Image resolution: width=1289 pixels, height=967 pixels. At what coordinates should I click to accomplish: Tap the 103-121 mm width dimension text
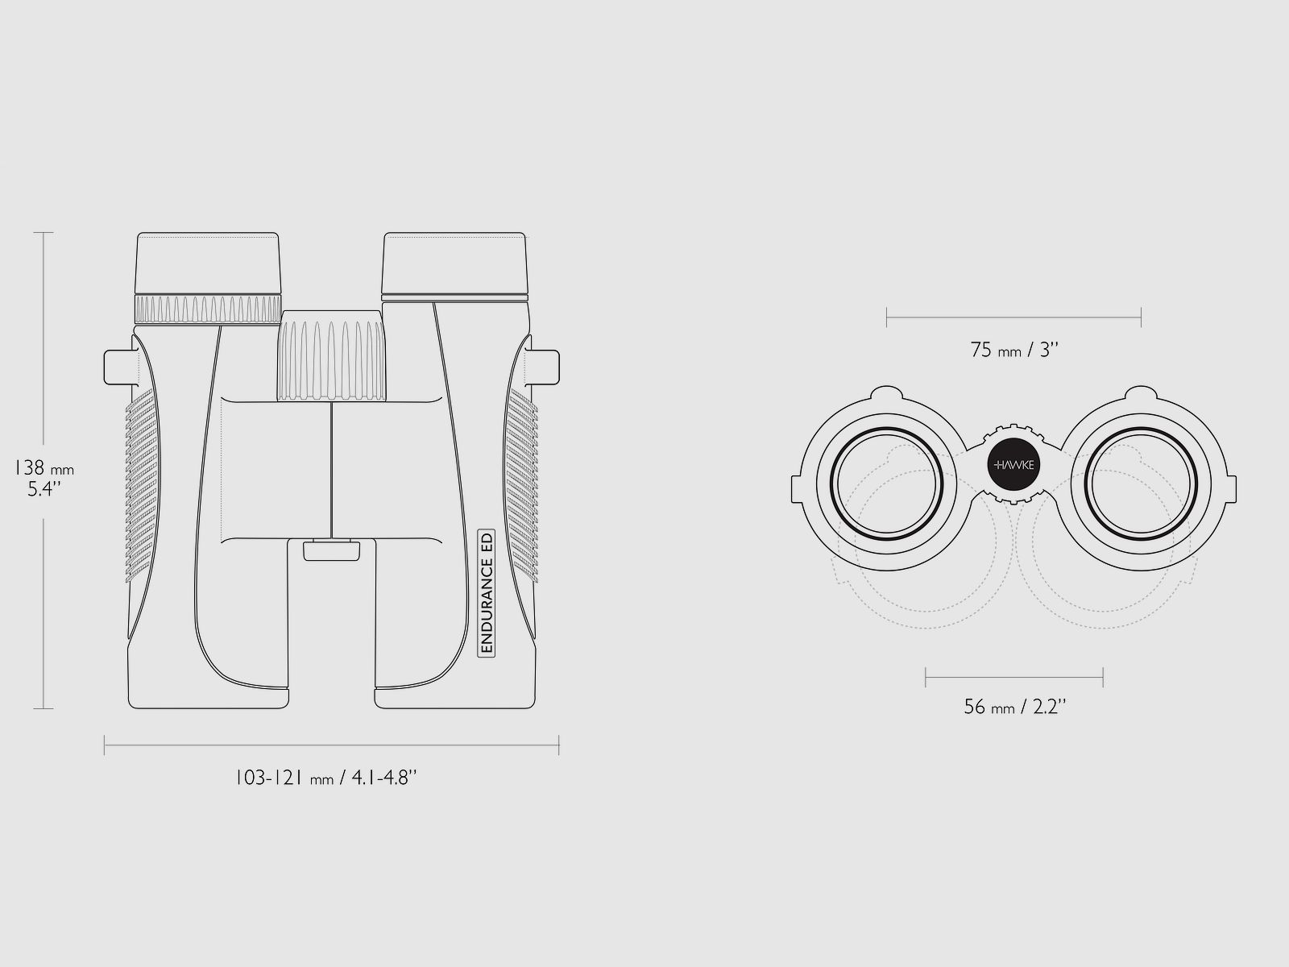[326, 778]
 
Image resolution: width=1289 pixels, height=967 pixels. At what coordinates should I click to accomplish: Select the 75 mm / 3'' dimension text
[1014, 350]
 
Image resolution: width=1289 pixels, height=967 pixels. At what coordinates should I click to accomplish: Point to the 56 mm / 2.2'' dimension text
[1015, 707]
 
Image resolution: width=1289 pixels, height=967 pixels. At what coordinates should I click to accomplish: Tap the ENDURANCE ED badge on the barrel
[487, 592]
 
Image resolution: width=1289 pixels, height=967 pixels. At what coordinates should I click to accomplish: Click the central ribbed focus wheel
[332, 356]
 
